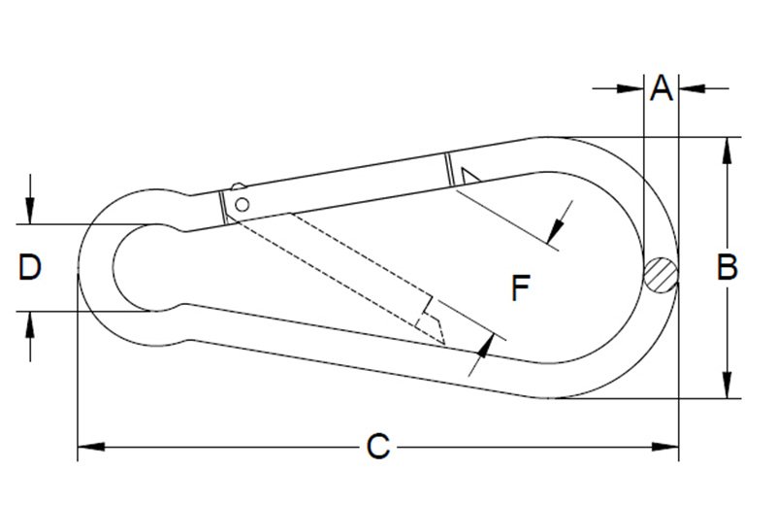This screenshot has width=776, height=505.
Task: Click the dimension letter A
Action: click(662, 88)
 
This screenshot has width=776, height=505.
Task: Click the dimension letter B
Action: click(727, 267)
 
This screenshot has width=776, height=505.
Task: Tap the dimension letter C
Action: click(378, 446)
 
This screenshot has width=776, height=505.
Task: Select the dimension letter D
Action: click(30, 267)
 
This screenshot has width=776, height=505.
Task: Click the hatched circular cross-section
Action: click(661, 275)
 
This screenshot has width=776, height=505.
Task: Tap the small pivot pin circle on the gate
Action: click(242, 204)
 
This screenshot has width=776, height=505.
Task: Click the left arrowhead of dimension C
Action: click(91, 447)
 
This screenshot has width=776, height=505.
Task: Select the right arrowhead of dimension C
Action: click(665, 447)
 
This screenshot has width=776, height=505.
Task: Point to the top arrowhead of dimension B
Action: click(727, 151)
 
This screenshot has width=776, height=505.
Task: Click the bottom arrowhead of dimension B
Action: click(727, 385)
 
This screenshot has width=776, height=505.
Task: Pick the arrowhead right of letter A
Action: click(692, 88)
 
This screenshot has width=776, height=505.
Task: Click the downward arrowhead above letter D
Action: click(30, 211)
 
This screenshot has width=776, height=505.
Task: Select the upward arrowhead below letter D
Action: click(30, 324)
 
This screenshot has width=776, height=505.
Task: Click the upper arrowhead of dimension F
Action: click(555, 231)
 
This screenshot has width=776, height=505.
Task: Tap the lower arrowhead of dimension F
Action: click(487, 346)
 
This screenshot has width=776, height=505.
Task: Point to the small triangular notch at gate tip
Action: click(469, 175)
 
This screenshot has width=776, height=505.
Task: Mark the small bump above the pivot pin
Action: click(238, 186)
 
